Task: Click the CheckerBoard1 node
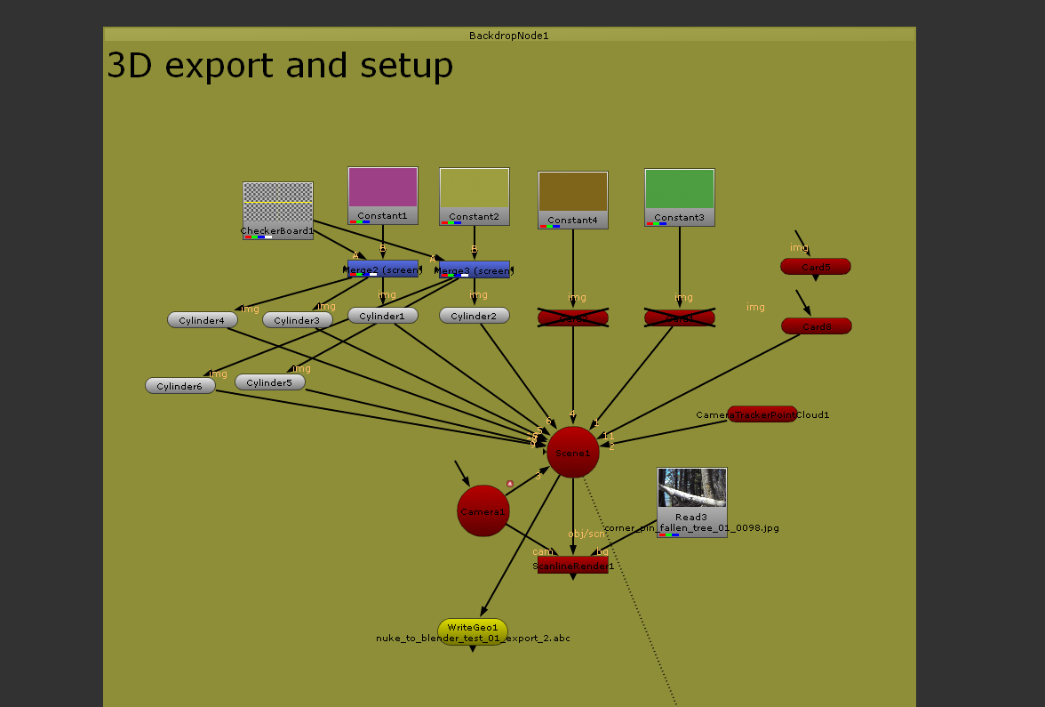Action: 278,209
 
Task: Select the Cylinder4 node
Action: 202,320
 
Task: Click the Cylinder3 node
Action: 297,320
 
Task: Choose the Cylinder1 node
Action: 382,316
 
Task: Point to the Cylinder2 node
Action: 474,316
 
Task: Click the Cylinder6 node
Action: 179,386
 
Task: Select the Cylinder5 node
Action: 269,382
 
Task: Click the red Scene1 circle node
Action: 572,452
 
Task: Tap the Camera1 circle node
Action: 483,510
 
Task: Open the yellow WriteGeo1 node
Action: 472,628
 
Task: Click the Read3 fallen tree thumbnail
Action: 691,489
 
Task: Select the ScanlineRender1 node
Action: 572,565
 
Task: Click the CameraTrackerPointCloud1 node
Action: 762,414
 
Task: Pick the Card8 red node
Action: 816,326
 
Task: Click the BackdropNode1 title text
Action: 509,36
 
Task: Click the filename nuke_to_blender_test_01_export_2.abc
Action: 473,639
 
